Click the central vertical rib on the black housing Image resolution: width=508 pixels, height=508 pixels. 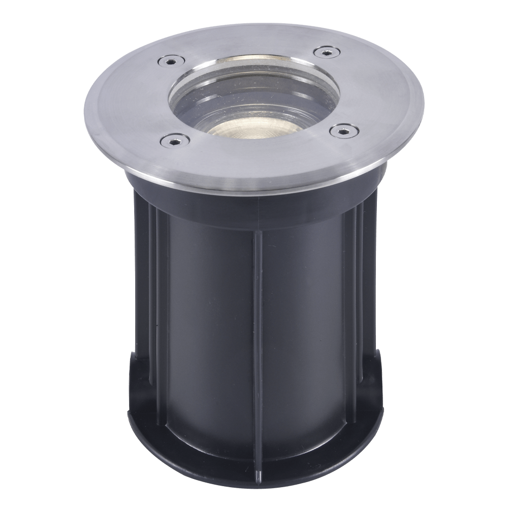tap(257, 330)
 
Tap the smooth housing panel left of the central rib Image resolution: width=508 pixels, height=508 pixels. tap(208, 330)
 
